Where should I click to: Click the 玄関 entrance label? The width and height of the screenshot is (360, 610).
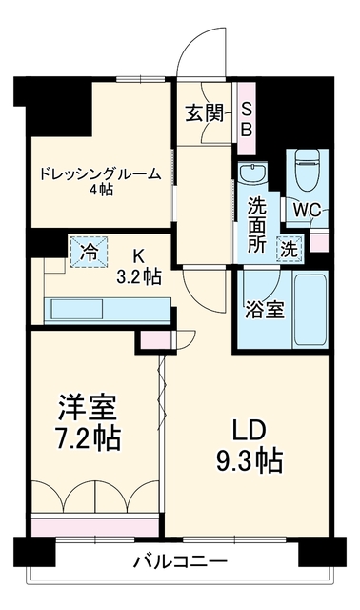point(205,113)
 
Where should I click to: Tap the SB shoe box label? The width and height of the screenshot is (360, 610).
point(247,118)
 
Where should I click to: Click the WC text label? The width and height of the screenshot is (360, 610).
point(307,211)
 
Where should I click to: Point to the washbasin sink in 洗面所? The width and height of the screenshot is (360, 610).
point(253,173)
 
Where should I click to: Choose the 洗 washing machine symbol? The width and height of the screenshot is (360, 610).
point(290,249)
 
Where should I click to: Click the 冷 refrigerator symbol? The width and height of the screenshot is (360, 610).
point(89,253)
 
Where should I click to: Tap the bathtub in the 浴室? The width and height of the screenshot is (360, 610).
point(310,310)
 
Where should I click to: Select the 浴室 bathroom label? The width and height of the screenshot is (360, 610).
point(265,310)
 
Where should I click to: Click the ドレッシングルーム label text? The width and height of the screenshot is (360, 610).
point(101,173)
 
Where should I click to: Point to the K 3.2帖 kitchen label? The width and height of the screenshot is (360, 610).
point(139,266)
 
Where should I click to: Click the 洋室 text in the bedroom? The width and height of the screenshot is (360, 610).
point(87,408)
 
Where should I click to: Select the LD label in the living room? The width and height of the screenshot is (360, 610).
point(249,431)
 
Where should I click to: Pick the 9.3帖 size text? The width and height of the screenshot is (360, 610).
point(250,461)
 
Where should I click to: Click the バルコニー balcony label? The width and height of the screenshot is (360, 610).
point(180,561)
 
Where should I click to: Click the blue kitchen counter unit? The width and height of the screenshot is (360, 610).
point(108,311)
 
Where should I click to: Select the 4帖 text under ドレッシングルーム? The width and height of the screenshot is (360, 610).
point(101,190)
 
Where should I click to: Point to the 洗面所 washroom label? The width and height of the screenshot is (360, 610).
point(257,225)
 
